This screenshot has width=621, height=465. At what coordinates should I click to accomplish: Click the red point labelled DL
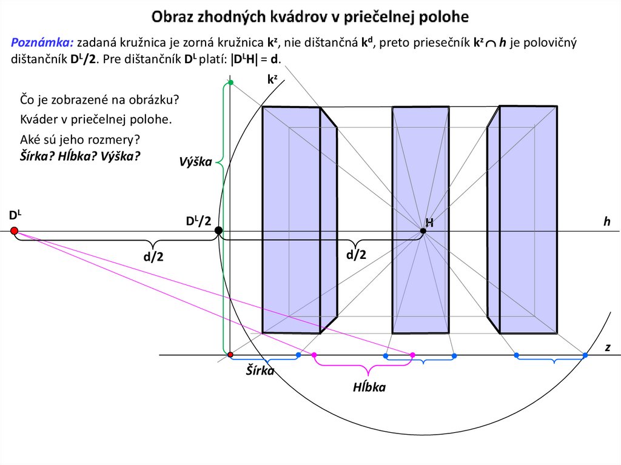coord(14,230)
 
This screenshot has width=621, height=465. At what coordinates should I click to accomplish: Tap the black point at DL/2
coord(218,230)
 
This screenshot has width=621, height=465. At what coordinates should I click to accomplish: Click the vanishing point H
coord(423,230)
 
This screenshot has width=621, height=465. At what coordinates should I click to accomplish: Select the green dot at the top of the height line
coord(230,82)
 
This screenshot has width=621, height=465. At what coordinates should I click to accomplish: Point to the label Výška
coord(195,162)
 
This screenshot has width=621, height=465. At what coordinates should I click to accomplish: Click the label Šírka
coord(260,370)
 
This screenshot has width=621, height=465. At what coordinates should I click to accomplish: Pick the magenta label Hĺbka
coord(369,387)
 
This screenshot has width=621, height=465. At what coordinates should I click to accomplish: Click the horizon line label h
coord(606,222)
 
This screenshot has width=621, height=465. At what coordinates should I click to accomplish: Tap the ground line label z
coord(607,347)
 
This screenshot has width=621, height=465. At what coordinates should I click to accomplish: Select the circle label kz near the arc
coord(272,78)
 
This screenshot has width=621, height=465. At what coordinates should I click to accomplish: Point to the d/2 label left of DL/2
coord(153,257)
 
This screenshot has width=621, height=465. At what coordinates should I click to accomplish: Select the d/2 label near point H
coord(357,255)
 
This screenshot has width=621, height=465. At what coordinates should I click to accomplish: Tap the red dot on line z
coord(230,354)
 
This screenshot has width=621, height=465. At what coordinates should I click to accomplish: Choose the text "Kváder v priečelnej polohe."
coord(96,118)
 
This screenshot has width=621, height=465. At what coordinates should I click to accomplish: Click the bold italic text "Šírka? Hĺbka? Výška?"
coord(81,156)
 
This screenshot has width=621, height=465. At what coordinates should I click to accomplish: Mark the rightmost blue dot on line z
coord(585,355)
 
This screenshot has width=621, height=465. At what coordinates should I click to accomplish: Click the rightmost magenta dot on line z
coord(412,355)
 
